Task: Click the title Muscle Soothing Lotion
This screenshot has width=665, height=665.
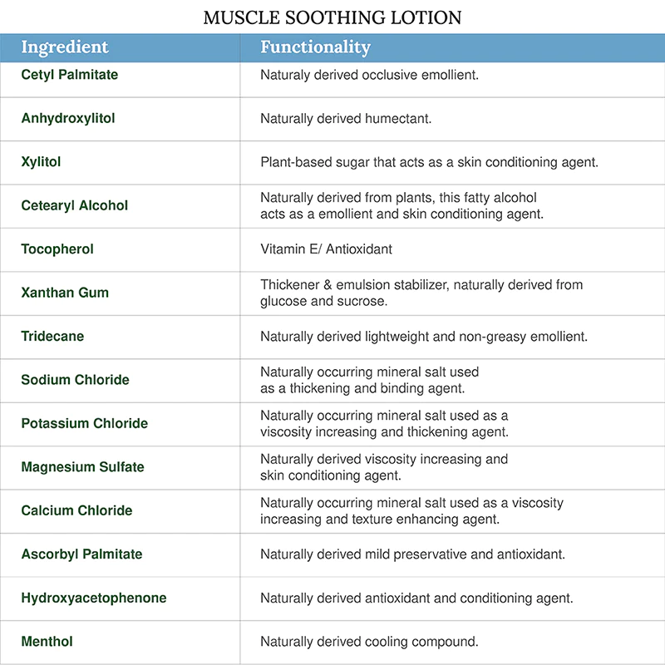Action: tap(332, 17)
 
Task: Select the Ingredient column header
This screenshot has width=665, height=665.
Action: tap(65, 47)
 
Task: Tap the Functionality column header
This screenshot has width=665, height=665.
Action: tap(315, 47)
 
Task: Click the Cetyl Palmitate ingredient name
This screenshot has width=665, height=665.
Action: tap(70, 75)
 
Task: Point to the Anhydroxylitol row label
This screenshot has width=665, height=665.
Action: tap(68, 118)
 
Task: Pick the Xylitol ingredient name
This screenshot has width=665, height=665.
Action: tap(41, 162)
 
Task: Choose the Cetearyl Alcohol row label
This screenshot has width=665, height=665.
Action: tap(75, 205)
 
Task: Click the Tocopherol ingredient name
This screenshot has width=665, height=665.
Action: tap(57, 249)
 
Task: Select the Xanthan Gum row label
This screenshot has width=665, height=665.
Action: tap(65, 293)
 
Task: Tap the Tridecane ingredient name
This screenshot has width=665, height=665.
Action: tap(52, 337)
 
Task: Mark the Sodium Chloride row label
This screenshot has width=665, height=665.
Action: tap(75, 380)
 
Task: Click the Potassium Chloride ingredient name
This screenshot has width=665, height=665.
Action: tap(85, 423)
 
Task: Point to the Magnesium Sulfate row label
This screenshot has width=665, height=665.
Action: tap(82, 467)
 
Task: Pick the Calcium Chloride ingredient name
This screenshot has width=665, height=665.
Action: tap(76, 510)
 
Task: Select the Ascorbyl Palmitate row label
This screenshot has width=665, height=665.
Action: tap(81, 554)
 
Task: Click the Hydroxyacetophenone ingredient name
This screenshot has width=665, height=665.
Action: tap(94, 598)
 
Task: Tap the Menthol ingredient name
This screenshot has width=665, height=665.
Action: tap(47, 642)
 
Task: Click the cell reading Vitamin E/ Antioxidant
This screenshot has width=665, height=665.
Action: tap(326, 249)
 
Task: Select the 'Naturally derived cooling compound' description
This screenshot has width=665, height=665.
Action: tap(369, 642)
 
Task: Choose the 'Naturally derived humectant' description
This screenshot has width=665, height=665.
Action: tap(346, 119)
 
